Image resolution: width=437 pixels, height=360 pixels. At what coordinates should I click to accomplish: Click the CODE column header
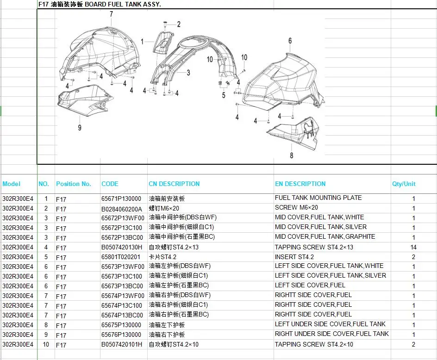[110, 184]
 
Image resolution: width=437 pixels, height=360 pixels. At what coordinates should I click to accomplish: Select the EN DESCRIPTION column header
[300, 184]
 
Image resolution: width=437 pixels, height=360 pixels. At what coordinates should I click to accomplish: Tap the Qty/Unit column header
[404, 184]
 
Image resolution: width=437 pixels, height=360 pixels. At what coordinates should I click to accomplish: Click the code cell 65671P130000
[121, 199]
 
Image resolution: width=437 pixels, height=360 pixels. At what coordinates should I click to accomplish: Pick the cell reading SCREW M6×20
[296, 208]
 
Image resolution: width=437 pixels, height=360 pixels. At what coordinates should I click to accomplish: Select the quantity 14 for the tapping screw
[413, 247]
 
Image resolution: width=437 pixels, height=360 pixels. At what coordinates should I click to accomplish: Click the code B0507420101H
[121, 344]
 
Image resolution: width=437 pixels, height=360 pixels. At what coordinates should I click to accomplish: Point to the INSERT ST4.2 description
[294, 257]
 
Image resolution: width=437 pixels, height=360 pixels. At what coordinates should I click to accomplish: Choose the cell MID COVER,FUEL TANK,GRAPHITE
[325, 236]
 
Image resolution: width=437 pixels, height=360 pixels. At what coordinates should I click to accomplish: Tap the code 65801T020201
[121, 257]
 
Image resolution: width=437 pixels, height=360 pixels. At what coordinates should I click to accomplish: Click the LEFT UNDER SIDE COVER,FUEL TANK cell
[330, 324]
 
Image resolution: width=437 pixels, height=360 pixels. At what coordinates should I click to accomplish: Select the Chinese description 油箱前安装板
[167, 199]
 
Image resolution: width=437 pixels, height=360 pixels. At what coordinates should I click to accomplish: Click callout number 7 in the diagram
[112, 14]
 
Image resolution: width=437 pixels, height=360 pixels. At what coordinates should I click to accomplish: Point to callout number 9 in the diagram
[80, 128]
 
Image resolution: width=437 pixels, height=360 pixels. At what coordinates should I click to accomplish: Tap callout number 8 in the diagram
[292, 155]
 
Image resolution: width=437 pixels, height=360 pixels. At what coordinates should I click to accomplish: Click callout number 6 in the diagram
[290, 41]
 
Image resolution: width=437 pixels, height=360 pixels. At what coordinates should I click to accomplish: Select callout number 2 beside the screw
[179, 25]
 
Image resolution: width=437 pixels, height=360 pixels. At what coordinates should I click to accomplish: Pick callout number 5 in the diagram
[224, 95]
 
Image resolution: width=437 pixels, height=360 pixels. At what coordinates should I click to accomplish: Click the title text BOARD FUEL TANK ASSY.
[123, 5]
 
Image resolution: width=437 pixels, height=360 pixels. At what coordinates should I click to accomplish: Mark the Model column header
[12, 184]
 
